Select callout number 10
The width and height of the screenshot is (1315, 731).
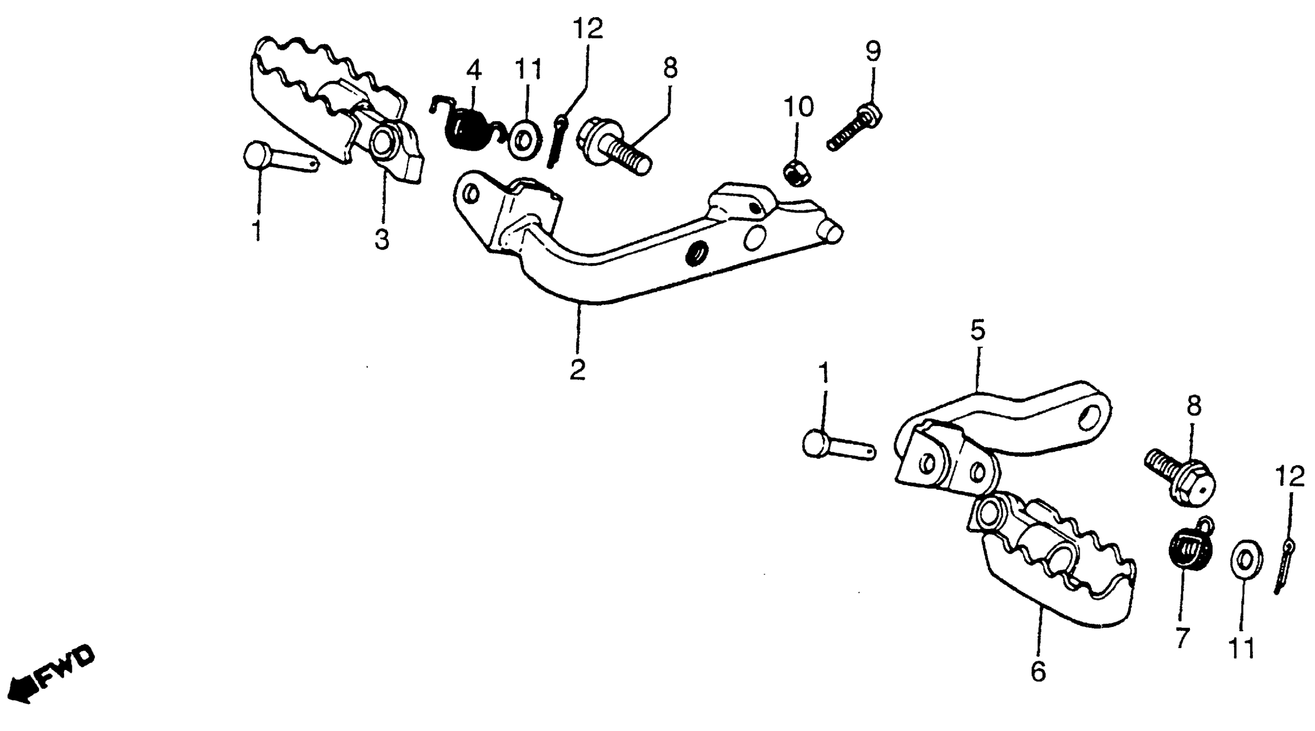[799, 107]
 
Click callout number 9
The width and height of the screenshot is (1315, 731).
[873, 51]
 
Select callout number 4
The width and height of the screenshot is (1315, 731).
[474, 71]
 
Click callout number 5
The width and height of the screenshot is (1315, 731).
[978, 330]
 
